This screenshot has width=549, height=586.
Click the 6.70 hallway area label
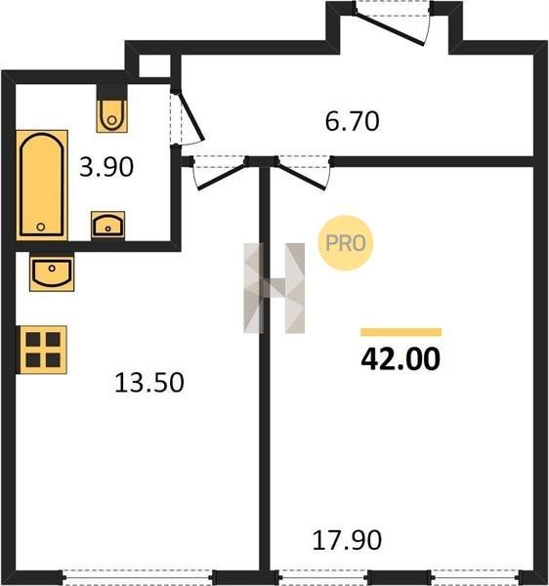click(352, 121)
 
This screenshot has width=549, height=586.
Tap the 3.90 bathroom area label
click(106, 167)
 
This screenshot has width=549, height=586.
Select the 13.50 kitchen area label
click(149, 382)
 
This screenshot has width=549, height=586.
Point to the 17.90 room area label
click(347, 540)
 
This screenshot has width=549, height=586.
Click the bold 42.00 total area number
click(401, 358)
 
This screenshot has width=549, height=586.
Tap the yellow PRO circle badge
click(345, 243)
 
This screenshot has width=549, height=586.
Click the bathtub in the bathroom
click(42, 185)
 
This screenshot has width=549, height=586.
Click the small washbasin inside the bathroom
click(108, 226)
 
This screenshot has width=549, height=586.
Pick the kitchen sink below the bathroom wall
click(52, 272)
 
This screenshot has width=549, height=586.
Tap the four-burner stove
click(43, 350)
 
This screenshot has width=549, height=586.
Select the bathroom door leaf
click(191, 117)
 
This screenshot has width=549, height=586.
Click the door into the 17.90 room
click(301, 177)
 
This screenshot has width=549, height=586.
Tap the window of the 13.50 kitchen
click(138, 577)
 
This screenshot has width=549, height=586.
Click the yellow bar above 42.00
click(401, 332)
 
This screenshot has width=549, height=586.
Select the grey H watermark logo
click(274, 288)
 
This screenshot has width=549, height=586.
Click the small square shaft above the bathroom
click(154, 65)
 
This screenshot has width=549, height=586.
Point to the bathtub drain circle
click(41, 227)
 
